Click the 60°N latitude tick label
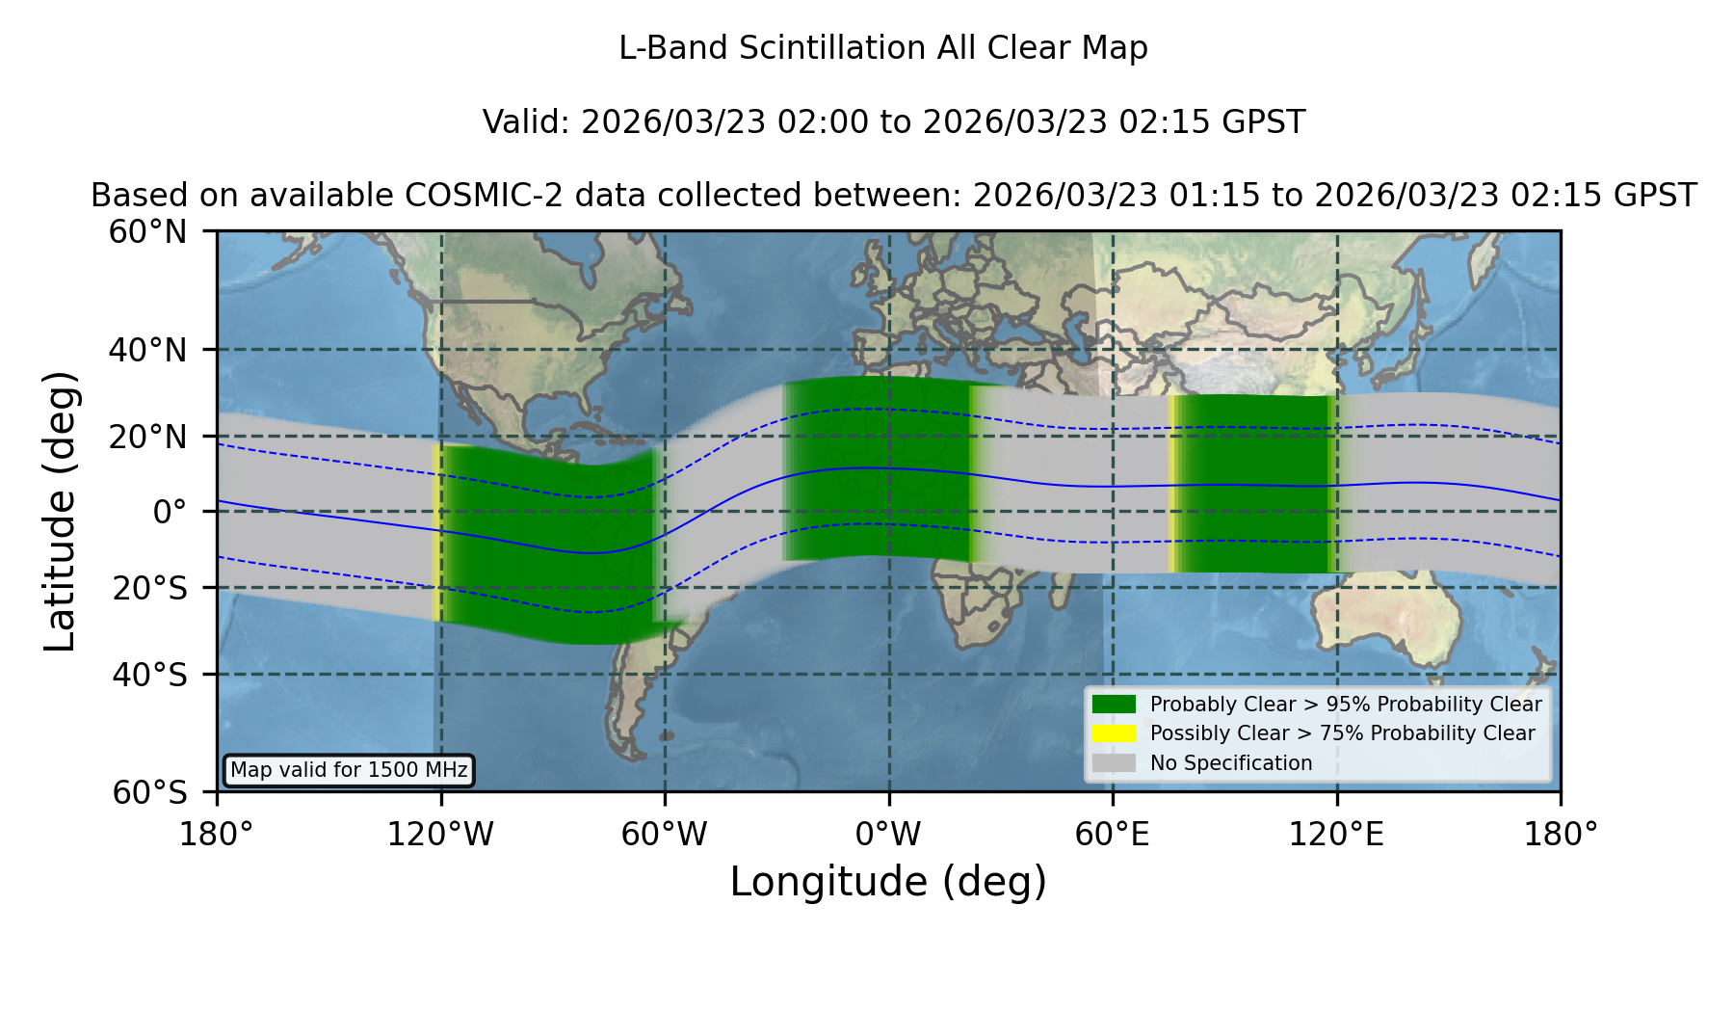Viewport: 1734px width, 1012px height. click(x=147, y=231)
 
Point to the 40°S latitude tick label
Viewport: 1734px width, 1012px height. click(x=149, y=675)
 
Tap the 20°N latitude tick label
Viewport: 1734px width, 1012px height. click(x=147, y=437)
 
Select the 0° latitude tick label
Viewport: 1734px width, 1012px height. click(x=170, y=512)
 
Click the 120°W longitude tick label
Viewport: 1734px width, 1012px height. click(x=440, y=835)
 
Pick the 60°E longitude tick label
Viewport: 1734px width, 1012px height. click(x=1113, y=835)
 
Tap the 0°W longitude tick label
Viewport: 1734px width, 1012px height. click(x=888, y=835)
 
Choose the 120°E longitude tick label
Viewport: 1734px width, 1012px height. click(x=1336, y=835)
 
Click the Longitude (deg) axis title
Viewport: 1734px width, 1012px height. click(x=888, y=882)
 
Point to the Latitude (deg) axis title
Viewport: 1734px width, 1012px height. click(x=61, y=511)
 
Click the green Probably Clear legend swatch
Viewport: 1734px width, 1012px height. click(x=1114, y=705)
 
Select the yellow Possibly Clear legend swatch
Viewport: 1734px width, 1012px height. click(x=1114, y=733)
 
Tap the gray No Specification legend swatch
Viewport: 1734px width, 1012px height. click(x=1114, y=763)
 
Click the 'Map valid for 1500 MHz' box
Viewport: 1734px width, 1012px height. click(x=349, y=770)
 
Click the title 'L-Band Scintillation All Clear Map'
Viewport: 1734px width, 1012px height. click(x=883, y=48)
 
